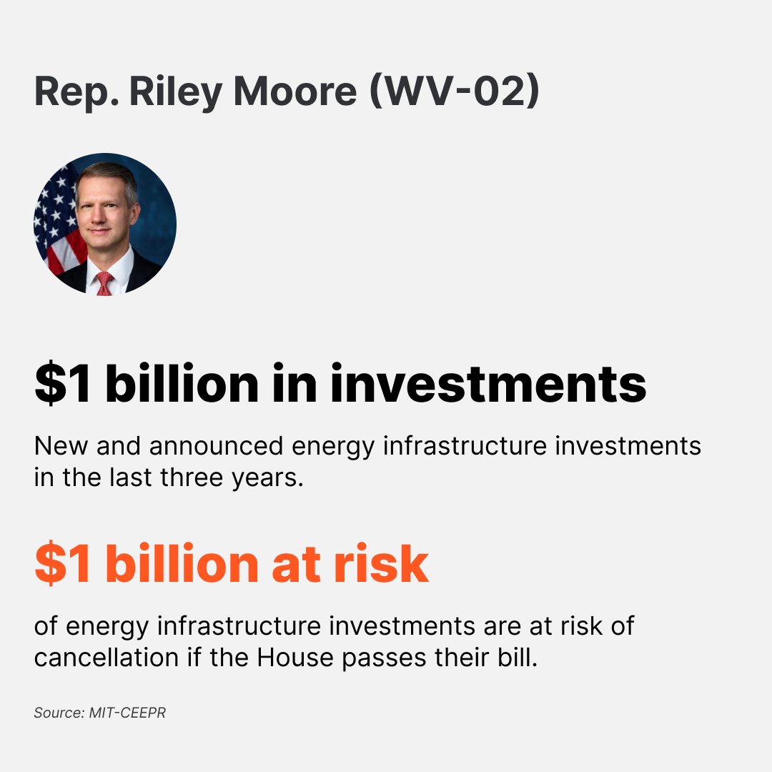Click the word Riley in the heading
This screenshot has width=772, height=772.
(172, 91)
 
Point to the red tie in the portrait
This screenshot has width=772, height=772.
(104, 282)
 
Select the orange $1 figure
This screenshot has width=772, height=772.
(63, 563)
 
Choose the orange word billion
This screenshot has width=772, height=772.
(182, 563)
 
